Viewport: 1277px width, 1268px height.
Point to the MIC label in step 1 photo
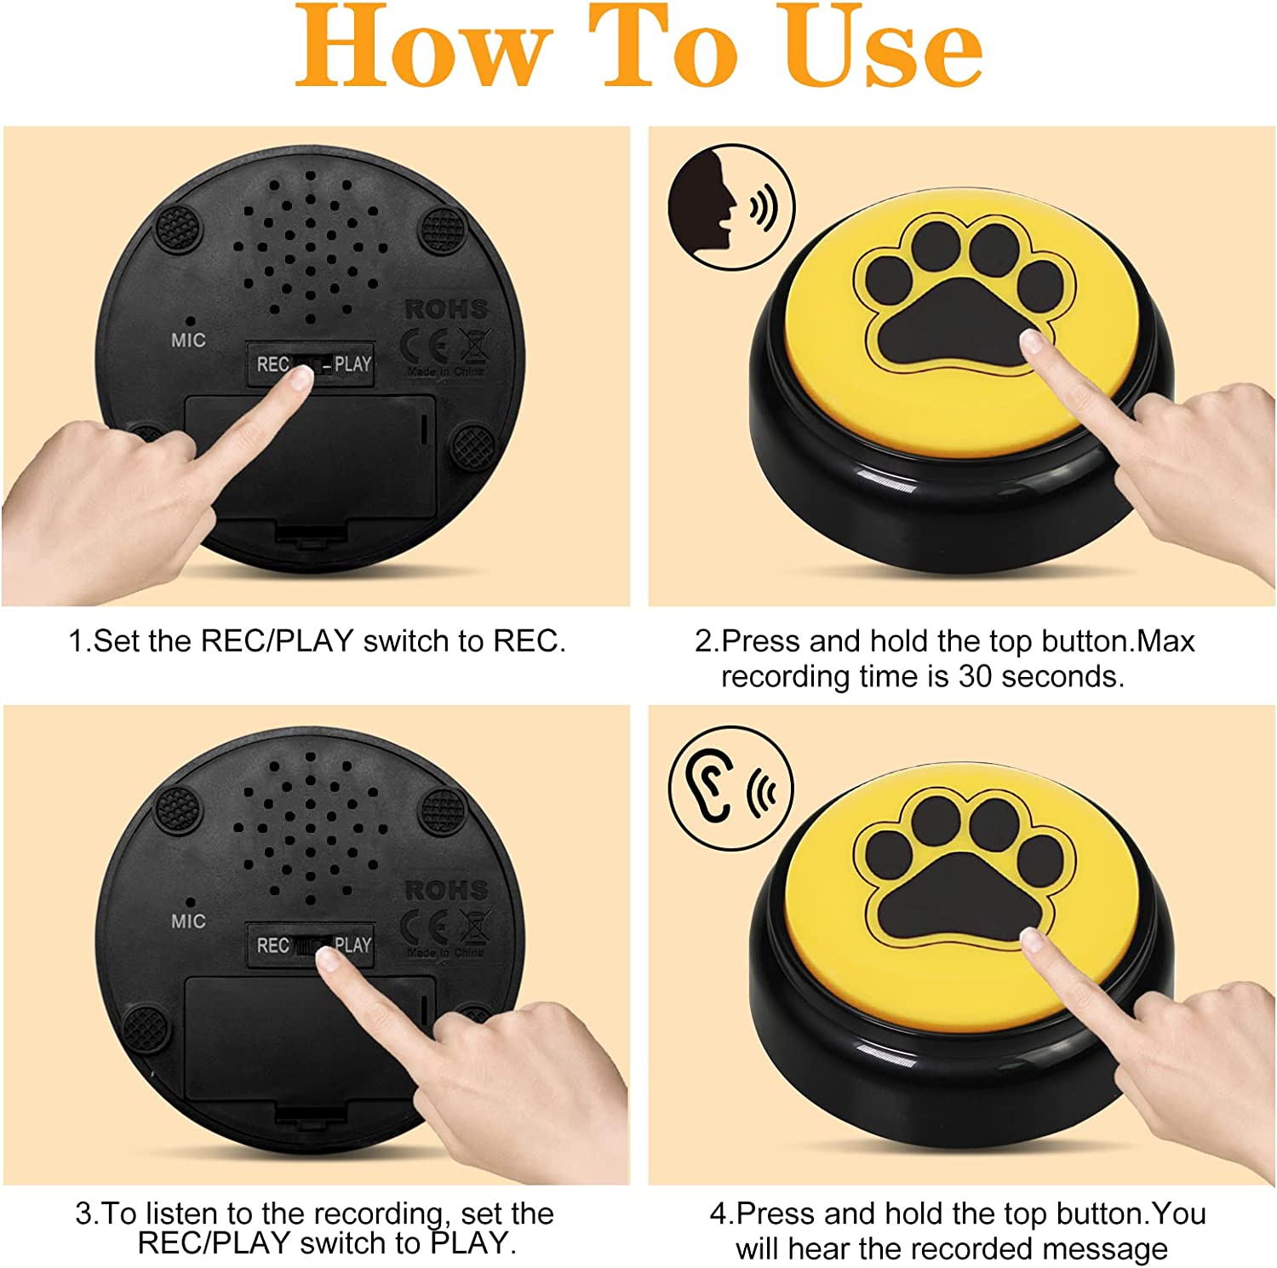coord(188,341)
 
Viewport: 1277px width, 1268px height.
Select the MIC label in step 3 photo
coord(188,921)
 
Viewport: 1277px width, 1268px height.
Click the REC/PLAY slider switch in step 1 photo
coord(311,365)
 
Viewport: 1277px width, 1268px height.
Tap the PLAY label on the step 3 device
coord(353,945)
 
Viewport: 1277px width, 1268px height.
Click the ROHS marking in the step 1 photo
coord(446,309)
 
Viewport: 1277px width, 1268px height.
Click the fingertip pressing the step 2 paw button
coord(1032,341)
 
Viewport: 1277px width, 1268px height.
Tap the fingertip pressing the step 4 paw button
coord(1032,940)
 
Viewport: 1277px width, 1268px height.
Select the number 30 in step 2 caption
coord(976,676)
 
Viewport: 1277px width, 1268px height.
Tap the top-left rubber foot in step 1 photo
coord(179,228)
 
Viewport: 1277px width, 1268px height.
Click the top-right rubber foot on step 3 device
coord(443,811)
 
